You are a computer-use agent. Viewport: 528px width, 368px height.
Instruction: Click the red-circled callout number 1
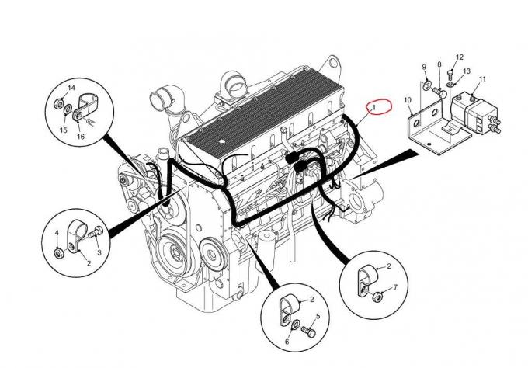(374, 106)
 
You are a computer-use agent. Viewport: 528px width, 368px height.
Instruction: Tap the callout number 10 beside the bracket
(407, 100)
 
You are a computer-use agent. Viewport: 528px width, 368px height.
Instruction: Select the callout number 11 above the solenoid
(481, 79)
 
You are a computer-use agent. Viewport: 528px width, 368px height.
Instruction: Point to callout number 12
(459, 57)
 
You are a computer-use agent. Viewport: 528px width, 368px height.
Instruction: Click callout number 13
(467, 71)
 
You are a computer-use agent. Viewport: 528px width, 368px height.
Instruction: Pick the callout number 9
(425, 67)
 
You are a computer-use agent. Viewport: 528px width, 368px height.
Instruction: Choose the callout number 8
(439, 64)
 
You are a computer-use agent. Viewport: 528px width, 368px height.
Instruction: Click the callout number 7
(395, 288)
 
